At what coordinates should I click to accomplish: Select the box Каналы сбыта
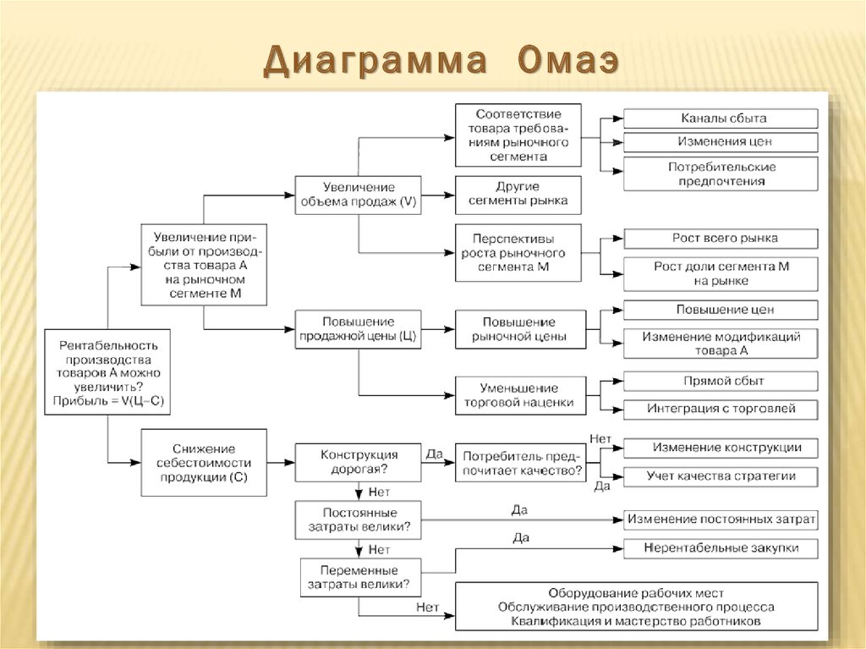pyautogui.click(x=721, y=118)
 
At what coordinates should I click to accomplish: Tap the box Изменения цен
pyautogui.click(x=721, y=141)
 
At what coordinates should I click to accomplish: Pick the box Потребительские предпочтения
pyautogui.click(x=721, y=173)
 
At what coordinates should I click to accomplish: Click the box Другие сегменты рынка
pyautogui.click(x=518, y=195)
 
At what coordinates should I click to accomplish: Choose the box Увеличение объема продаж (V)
pyautogui.click(x=358, y=195)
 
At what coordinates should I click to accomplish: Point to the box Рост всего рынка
pyautogui.click(x=721, y=239)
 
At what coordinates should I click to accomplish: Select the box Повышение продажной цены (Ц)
pyautogui.click(x=358, y=329)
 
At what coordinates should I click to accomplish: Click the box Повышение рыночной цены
pyautogui.click(x=518, y=329)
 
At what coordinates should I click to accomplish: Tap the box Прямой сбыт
pyautogui.click(x=721, y=381)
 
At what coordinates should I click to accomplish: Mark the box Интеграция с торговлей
pyautogui.click(x=721, y=409)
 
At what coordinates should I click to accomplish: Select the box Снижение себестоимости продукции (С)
pyautogui.click(x=203, y=462)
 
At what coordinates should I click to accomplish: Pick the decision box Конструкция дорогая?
pyautogui.click(x=358, y=462)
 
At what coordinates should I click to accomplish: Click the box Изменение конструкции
pyautogui.click(x=721, y=448)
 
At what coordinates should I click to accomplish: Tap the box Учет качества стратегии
pyautogui.click(x=721, y=476)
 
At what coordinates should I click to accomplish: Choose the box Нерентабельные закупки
pyautogui.click(x=721, y=548)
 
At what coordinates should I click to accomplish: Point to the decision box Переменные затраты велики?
pyautogui.click(x=358, y=577)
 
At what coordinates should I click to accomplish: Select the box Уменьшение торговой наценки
pyautogui.click(x=518, y=396)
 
